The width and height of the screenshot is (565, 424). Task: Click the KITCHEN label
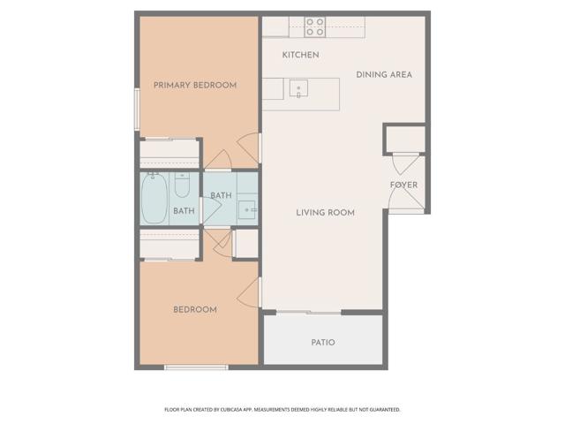click(300, 55)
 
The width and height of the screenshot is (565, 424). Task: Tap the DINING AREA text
click(384, 74)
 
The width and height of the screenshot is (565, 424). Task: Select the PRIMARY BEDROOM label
click(195, 85)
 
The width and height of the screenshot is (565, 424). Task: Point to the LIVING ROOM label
click(325, 212)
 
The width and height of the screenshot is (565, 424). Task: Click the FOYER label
click(403, 185)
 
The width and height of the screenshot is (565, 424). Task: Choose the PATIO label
click(322, 342)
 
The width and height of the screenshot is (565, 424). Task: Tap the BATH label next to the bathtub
click(184, 210)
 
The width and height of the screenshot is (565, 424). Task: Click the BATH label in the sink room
click(221, 195)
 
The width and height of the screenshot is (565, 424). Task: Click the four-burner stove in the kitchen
click(315, 27)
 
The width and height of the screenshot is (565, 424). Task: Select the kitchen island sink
click(299, 88)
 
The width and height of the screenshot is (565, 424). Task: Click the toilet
click(182, 185)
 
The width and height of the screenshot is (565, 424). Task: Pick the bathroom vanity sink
click(246, 210)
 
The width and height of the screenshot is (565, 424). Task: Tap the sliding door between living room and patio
click(308, 312)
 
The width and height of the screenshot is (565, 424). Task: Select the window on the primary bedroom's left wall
click(137, 108)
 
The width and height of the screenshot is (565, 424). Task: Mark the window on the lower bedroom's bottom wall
click(196, 367)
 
